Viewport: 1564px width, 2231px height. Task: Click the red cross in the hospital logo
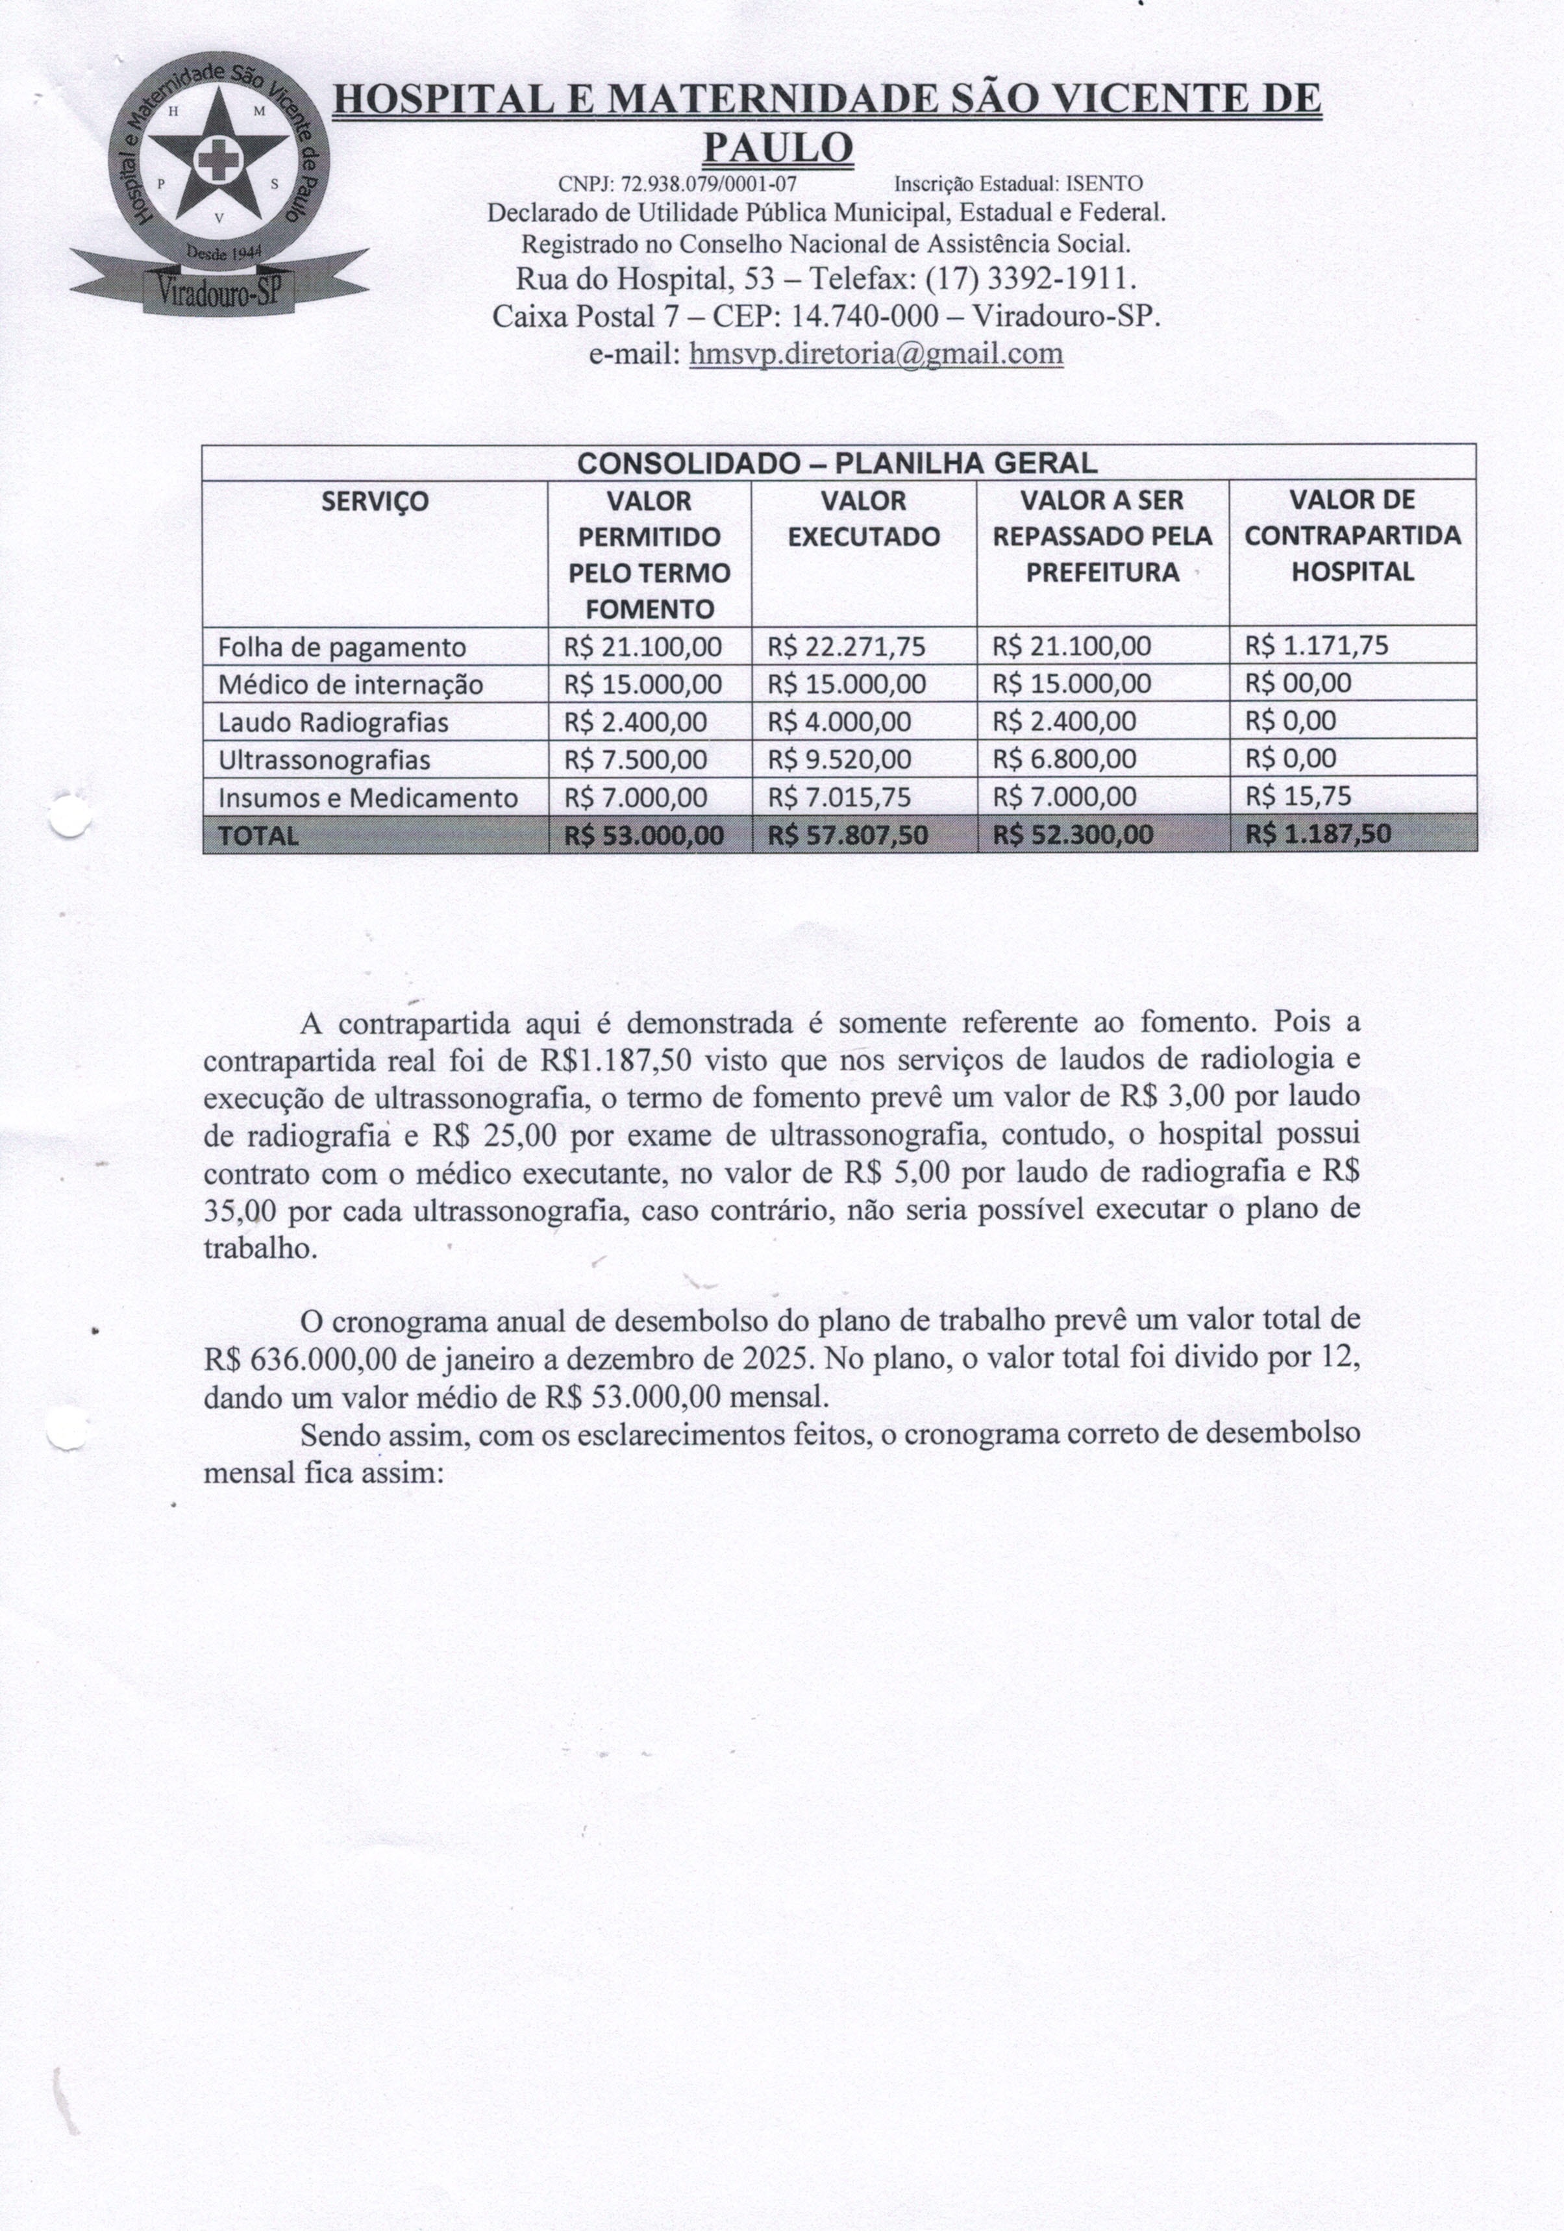click(x=215, y=160)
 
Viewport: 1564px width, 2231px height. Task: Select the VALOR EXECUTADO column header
click(x=863, y=519)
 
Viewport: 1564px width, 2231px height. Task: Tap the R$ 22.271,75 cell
click(x=846, y=646)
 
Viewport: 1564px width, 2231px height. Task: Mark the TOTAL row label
click(x=258, y=835)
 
